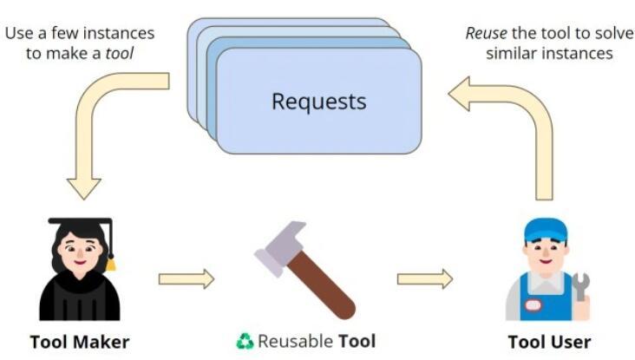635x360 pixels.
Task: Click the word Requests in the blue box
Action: click(x=318, y=101)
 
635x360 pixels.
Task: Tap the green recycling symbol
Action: click(x=245, y=342)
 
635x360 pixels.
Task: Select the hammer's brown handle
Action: click(x=321, y=285)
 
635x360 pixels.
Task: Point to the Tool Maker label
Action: click(x=80, y=342)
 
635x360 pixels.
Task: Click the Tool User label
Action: click(x=549, y=342)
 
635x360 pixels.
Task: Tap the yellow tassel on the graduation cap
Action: click(x=110, y=265)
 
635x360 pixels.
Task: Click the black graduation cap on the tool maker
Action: click(x=81, y=226)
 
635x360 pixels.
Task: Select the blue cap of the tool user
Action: click(x=546, y=231)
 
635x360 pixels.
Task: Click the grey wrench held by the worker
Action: click(x=581, y=286)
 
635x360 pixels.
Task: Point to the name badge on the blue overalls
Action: click(x=533, y=305)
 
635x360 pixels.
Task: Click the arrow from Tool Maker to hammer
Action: click(x=187, y=279)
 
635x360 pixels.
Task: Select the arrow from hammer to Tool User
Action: click(x=425, y=279)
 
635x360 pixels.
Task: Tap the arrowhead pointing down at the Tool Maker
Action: click(x=84, y=188)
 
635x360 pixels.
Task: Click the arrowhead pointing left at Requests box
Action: click(x=459, y=94)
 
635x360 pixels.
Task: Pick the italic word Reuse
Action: click(x=486, y=33)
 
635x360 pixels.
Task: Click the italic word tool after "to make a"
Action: click(x=119, y=54)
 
